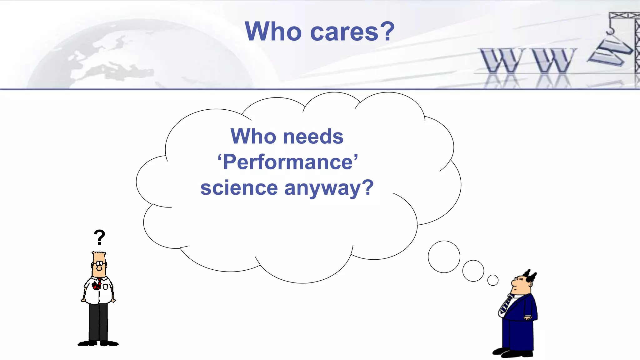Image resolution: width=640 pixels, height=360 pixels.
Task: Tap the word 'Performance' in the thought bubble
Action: click(x=288, y=162)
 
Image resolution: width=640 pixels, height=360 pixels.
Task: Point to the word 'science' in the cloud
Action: click(x=239, y=188)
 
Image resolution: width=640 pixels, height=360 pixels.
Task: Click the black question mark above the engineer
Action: click(x=99, y=237)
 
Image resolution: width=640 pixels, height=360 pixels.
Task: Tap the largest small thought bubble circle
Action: click(x=444, y=257)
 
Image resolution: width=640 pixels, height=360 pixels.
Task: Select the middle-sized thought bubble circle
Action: click(x=473, y=271)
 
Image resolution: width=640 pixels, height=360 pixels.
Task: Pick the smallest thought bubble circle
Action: click(x=493, y=280)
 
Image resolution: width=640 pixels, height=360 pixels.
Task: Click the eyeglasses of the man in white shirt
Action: click(x=99, y=264)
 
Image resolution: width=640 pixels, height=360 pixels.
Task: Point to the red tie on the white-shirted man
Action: click(x=97, y=284)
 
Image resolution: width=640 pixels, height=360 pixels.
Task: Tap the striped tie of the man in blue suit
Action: click(x=506, y=305)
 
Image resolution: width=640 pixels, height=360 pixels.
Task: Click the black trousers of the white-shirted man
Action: click(x=98, y=322)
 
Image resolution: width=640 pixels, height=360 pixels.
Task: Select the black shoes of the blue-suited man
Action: click(x=512, y=352)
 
